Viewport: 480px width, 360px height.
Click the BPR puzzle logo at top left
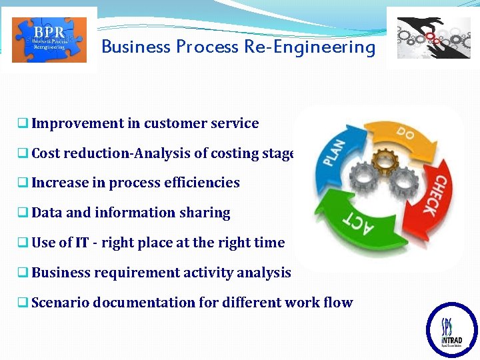tap(49, 40)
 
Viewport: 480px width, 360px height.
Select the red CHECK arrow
tap(427, 197)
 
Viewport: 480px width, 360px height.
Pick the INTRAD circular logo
tap(451, 329)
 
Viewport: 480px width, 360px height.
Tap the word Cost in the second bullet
tap(45, 153)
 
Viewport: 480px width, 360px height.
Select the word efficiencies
tap(207, 183)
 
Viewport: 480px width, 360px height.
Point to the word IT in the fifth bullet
tap(82, 243)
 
